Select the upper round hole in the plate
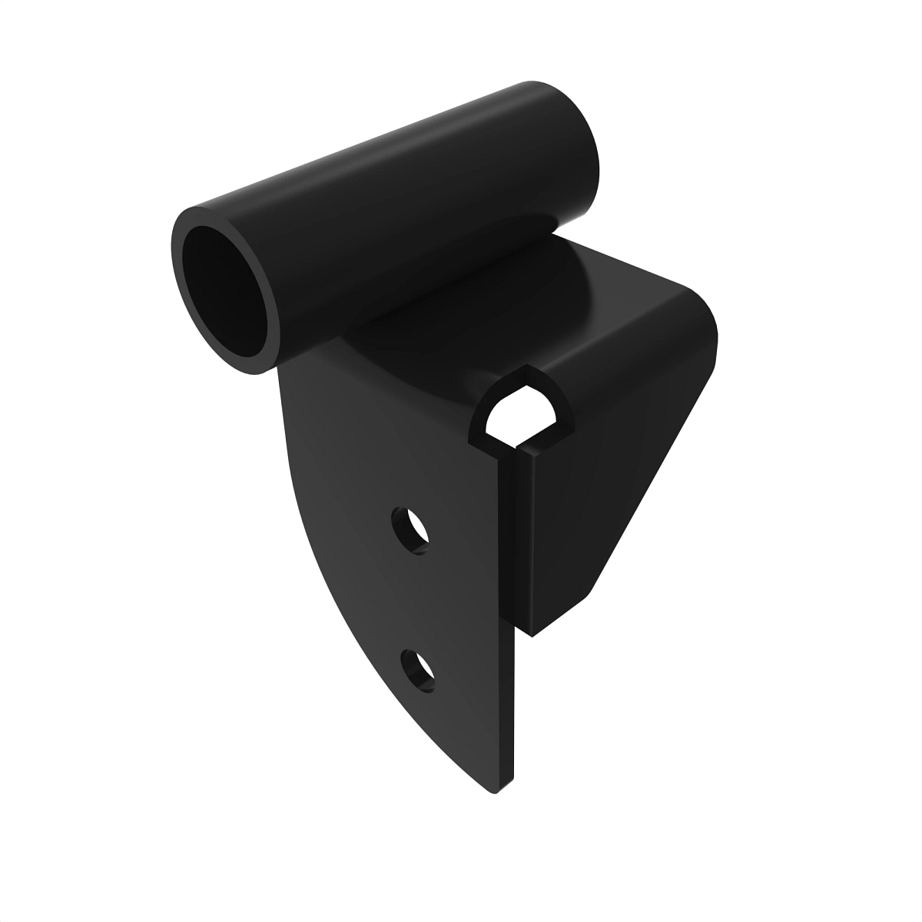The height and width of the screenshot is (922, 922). tap(410, 529)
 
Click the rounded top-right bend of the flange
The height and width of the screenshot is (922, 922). tap(703, 315)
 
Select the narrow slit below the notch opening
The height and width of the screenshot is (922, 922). tap(512, 476)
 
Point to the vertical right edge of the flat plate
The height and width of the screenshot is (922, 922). tap(509, 653)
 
